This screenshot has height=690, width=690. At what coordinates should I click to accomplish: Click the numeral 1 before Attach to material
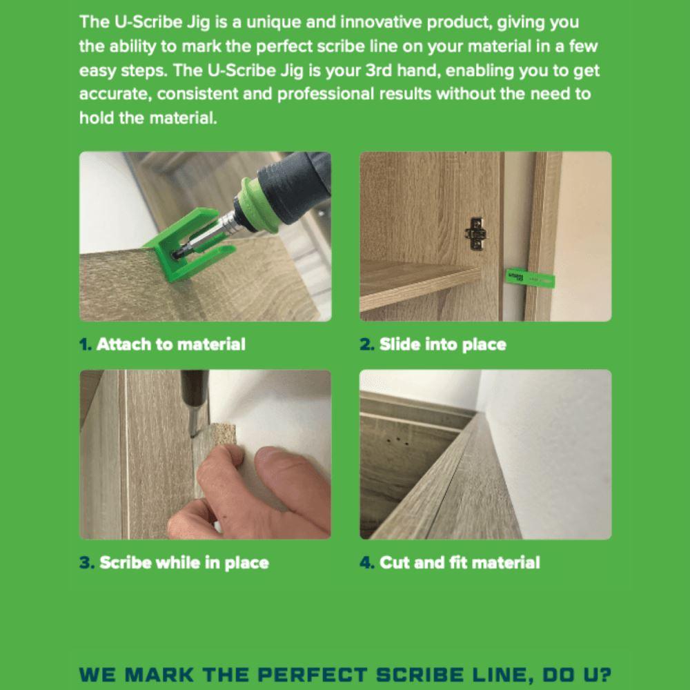tap(85, 344)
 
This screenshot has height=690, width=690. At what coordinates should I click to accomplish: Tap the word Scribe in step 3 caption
tap(125, 562)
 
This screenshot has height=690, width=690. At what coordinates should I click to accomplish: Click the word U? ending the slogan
tap(595, 674)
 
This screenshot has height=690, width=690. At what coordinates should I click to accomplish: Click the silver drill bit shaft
tap(219, 232)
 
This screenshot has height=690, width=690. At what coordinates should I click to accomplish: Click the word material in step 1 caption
tap(212, 344)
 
